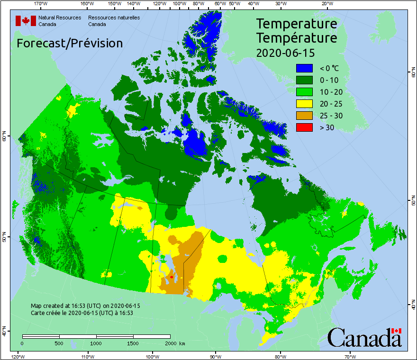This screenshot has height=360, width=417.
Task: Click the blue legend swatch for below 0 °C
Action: [305, 69]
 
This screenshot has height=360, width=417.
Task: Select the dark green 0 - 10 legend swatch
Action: [305, 81]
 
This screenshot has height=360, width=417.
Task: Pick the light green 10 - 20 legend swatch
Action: [305, 92]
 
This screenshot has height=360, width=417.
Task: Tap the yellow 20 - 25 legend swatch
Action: [305, 104]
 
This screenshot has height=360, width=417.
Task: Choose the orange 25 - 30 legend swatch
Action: [305, 115]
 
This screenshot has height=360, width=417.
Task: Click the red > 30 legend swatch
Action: [305, 127]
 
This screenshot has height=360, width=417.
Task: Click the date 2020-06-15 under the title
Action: [285, 53]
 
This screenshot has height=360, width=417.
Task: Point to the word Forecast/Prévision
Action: [70, 43]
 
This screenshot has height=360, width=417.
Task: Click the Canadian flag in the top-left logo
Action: [26, 20]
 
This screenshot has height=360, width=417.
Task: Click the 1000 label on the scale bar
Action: [96, 343]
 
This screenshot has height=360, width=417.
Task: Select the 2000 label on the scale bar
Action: [170, 343]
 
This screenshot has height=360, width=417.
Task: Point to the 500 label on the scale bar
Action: [59, 343]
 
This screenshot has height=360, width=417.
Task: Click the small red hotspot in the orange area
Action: [171, 277]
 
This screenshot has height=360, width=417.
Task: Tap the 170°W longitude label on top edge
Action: [41, 4]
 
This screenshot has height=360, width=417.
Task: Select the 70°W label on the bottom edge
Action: [350, 356]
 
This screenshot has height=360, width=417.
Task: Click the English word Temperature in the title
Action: [297, 24]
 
